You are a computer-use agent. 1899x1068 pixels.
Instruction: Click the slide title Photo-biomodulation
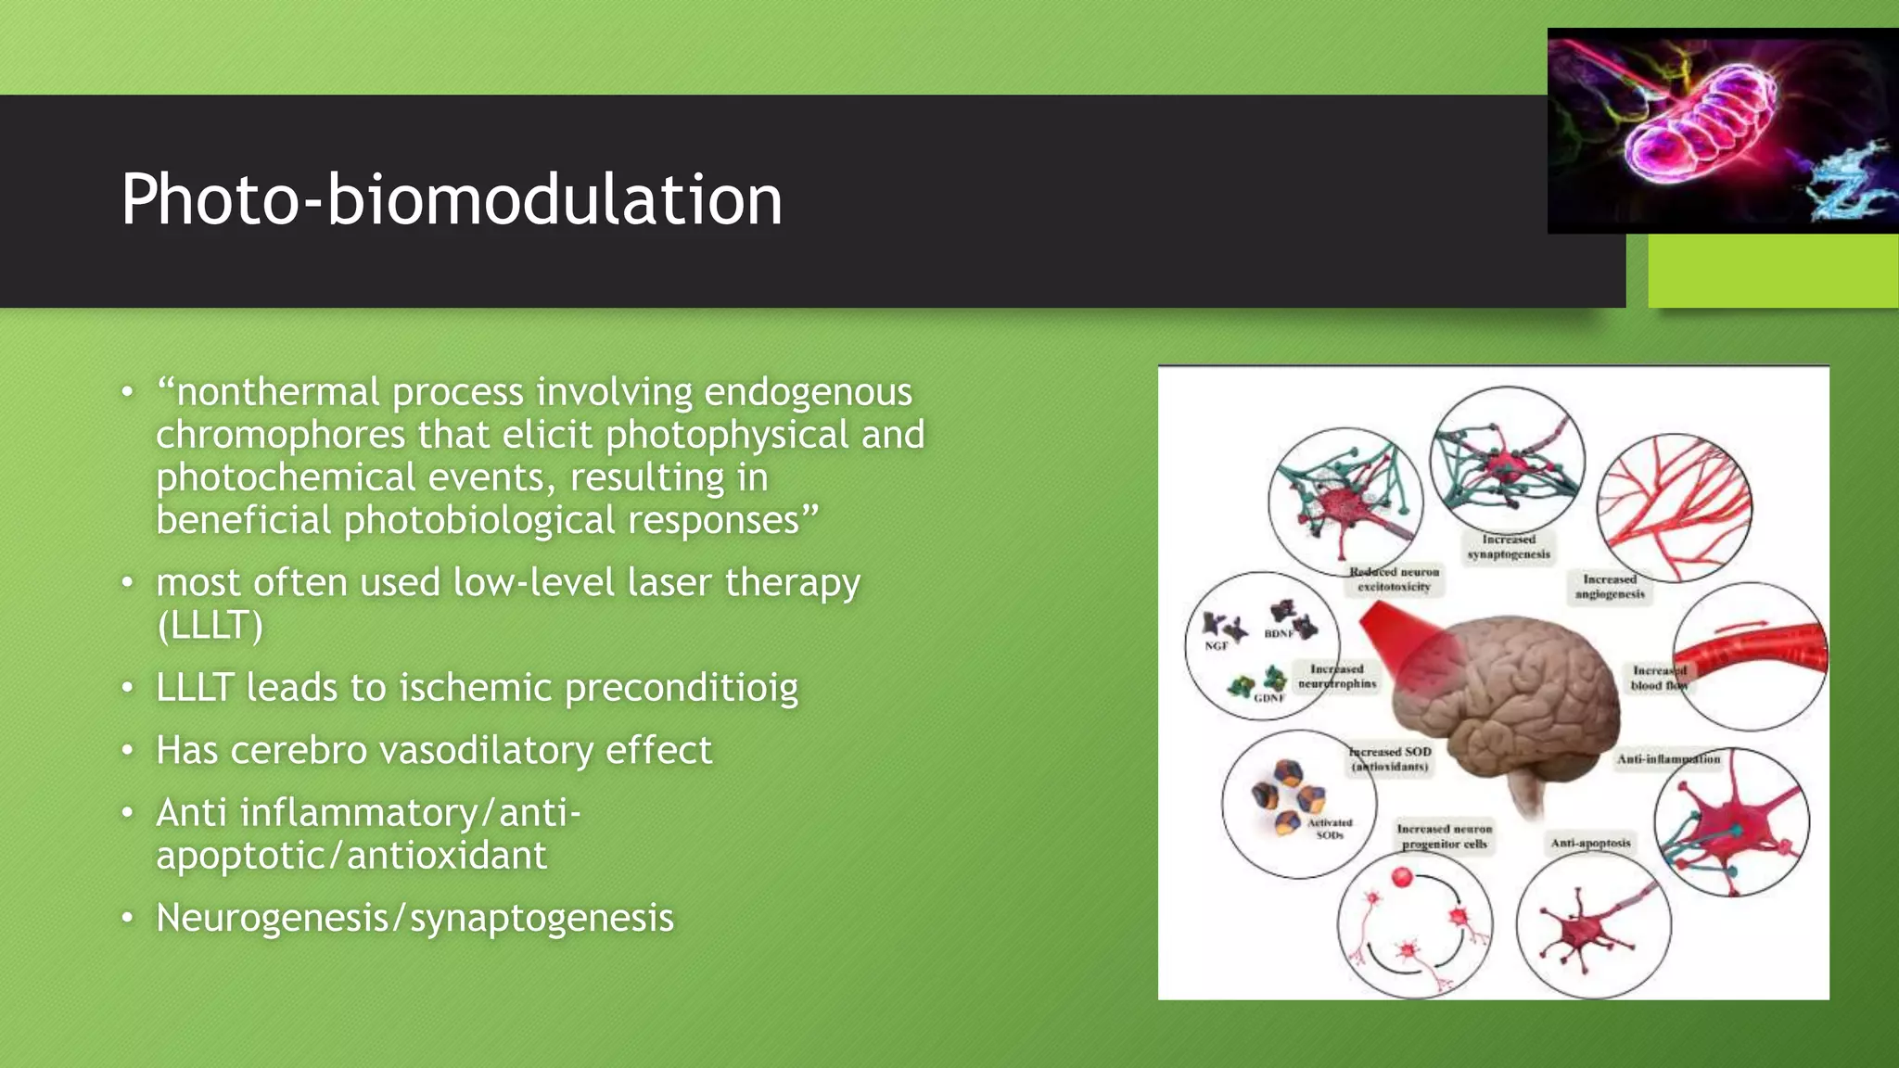pyautogui.click(x=452, y=199)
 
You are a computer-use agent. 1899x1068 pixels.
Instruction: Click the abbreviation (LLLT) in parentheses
pyautogui.click(x=210, y=626)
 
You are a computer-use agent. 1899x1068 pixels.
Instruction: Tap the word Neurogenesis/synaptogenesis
pyautogui.click(x=414, y=918)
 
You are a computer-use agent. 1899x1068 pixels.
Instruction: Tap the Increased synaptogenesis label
pyautogui.click(x=1509, y=546)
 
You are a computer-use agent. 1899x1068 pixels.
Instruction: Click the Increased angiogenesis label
pyautogui.click(x=1610, y=586)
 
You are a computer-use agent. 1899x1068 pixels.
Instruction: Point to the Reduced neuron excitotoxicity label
pyautogui.click(x=1394, y=579)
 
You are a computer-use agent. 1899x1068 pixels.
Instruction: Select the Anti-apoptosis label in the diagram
pyautogui.click(x=1590, y=843)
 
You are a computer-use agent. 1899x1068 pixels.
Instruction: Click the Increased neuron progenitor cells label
pyautogui.click(x=1445, y=836)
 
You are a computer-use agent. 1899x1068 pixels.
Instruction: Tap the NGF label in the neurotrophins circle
pyautogui.click(x=1216, y=646)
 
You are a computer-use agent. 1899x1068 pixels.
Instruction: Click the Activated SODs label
pyautogui.click(x=1330, y=829)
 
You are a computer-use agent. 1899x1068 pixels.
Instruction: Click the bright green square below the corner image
pyautogui.click(x=1772, y=270)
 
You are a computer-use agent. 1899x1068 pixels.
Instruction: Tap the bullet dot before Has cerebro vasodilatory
pyautogui.click(x=128, y=750)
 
